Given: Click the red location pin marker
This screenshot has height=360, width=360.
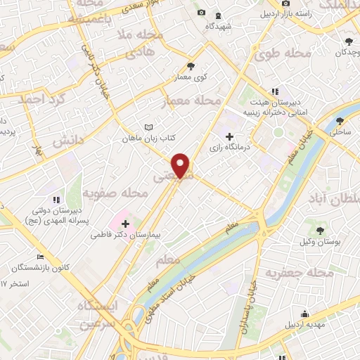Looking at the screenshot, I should pos(181,165).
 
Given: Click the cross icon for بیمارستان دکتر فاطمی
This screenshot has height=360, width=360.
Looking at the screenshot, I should pos(125,223).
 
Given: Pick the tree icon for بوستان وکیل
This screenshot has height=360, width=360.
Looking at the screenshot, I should pos(321,230).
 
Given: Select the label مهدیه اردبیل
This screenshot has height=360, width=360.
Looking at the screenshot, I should pos(304,326).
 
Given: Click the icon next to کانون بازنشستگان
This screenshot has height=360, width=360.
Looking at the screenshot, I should pos(41,257).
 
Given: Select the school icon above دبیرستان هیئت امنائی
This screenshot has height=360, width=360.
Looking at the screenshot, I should pos(275,91).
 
